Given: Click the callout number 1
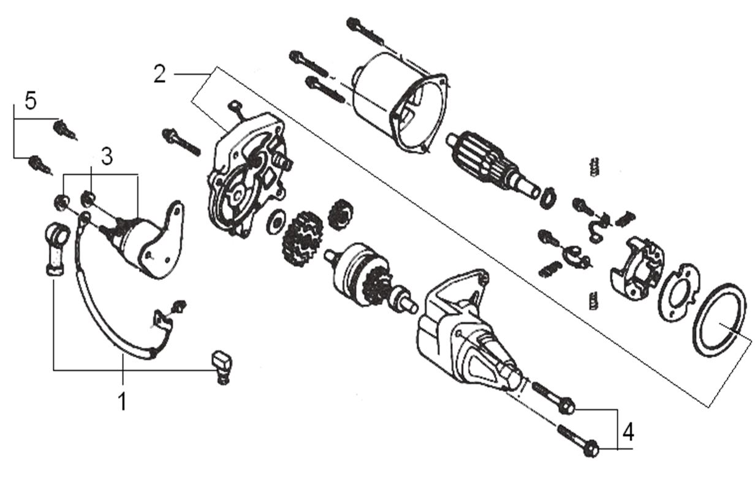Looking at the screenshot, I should pos(123,402).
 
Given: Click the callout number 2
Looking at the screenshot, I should pos(159,74).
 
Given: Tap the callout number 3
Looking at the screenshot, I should pos(107,157).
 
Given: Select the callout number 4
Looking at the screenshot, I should pos(628,432).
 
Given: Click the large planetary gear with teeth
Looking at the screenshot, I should pos(302,239).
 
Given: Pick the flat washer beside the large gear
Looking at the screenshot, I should pos(275,220).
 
